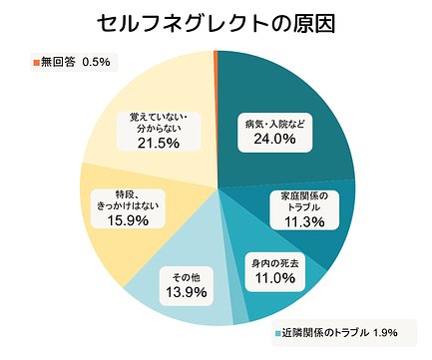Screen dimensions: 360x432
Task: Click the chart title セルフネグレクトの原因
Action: (216, 23)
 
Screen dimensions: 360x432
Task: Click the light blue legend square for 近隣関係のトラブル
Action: (279, 333)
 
